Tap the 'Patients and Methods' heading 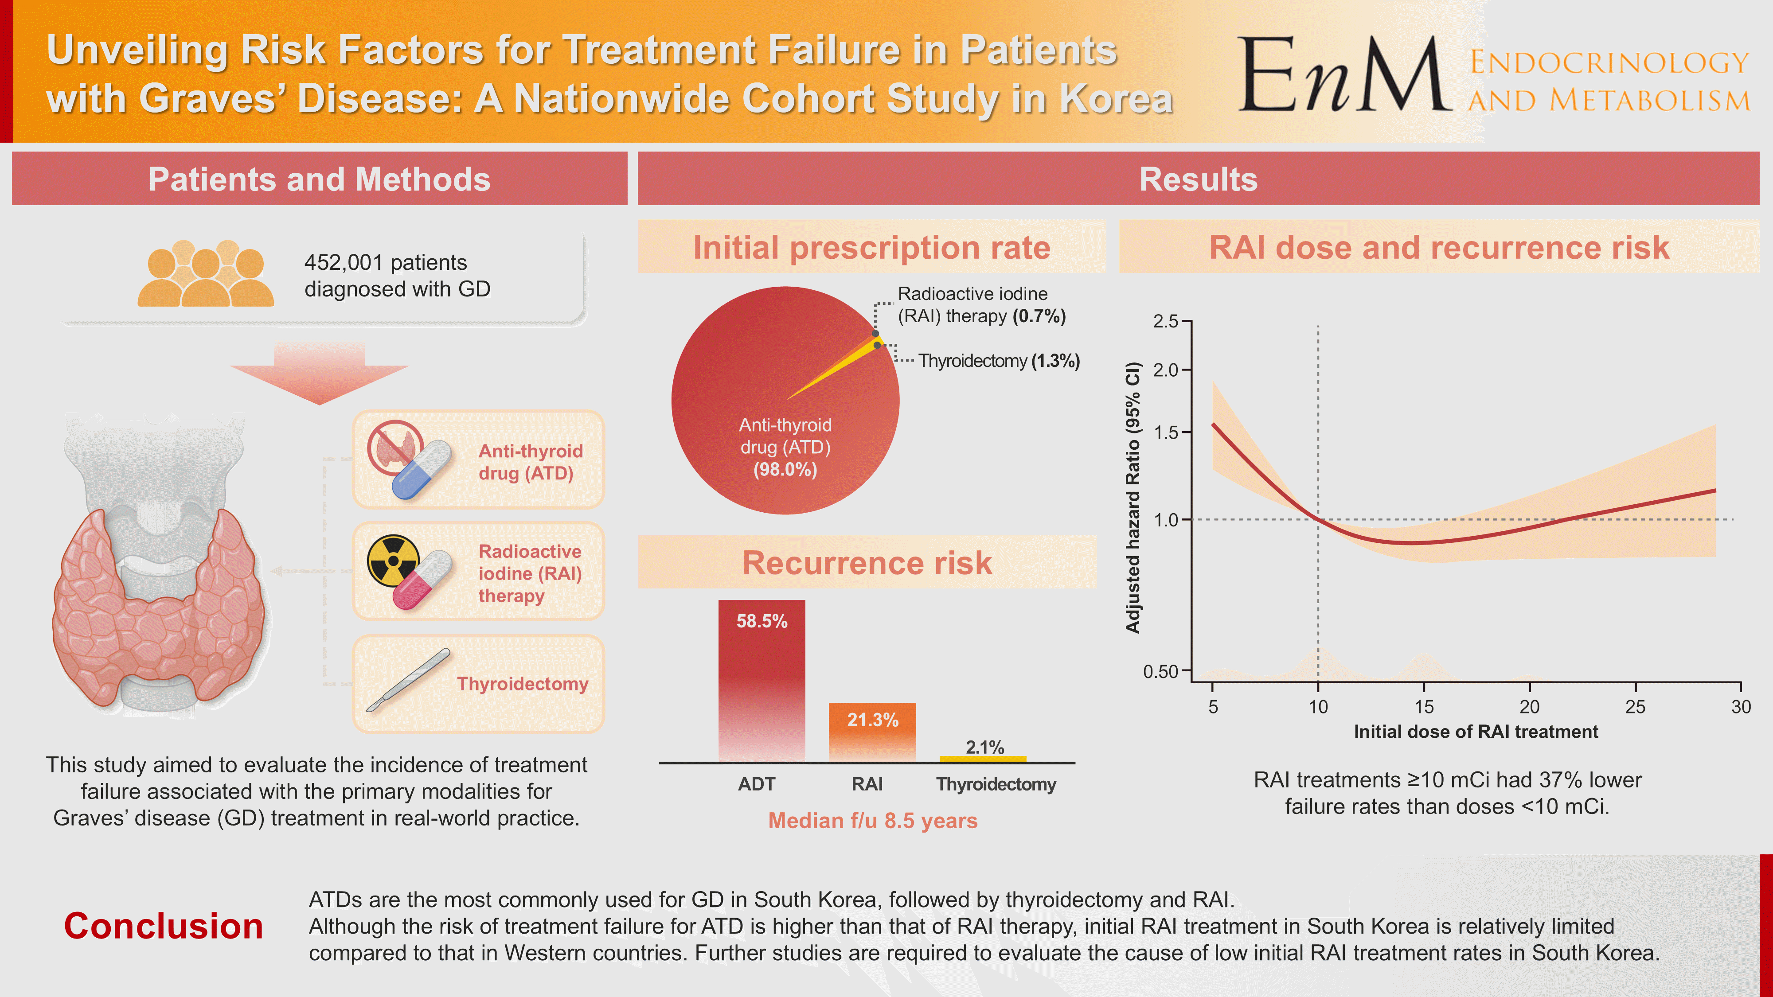[x=319, y=179]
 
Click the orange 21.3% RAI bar [x=872, y=731]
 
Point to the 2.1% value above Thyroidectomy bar [x=984, y=747]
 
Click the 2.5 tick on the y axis [x=1166, y=321]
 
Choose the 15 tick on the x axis [x=1423, y=707]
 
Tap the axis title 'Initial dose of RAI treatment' [x=1476, y=732]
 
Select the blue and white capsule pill [x=421, y=470]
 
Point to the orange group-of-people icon [x=205, y=274]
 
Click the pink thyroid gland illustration [x=158, y=605]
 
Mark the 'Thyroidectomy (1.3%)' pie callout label [x=999, y=361]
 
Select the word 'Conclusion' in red [x=164, y=926]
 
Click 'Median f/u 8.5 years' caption [x=872, y=821]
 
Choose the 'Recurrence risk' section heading [x=867, y=563]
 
